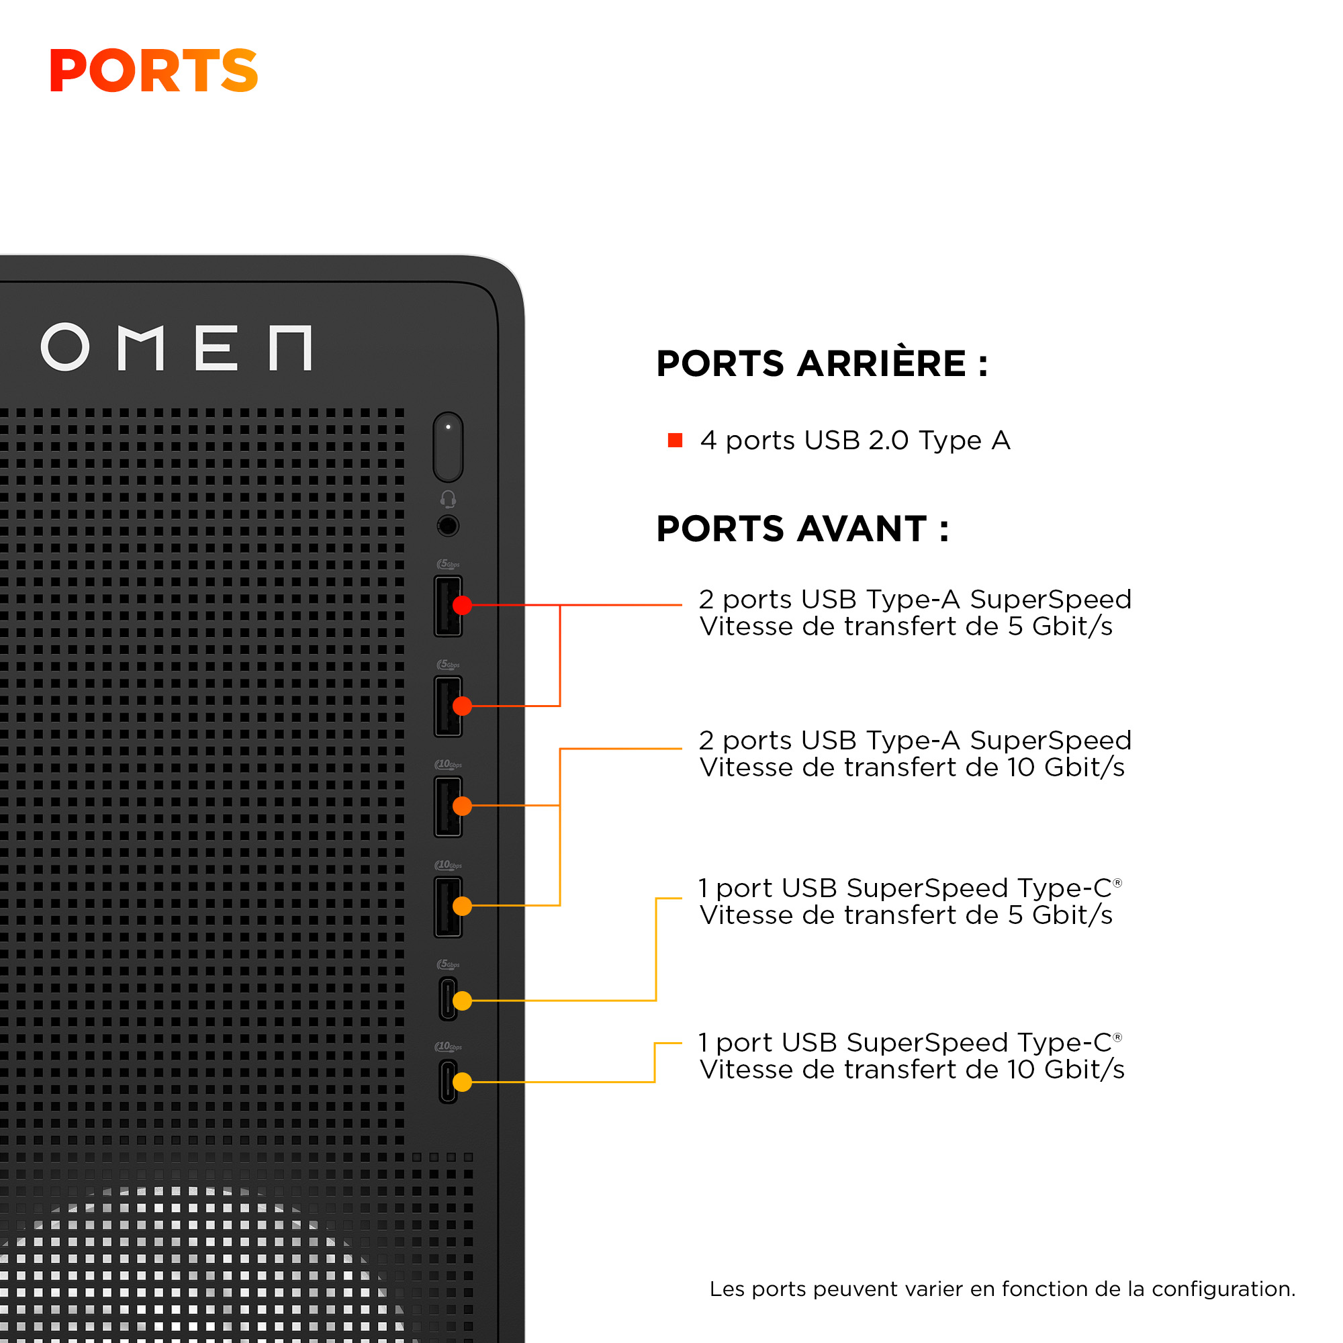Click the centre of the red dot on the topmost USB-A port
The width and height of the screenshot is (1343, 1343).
click(462, 606)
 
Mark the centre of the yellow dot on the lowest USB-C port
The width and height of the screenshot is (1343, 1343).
click(462, 1082)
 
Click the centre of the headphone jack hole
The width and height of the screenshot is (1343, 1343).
click(449, 526)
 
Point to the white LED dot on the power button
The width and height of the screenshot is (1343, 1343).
click(449, 427)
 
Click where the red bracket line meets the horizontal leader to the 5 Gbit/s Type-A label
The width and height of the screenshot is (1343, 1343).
click(560, 606)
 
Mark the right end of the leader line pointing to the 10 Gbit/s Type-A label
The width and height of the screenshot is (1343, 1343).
click(682, 749)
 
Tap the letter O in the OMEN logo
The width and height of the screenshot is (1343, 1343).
click(65, 347)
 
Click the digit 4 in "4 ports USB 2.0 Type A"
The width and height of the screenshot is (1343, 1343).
click(708, 441)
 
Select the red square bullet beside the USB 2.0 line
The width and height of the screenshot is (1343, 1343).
click(675, 440)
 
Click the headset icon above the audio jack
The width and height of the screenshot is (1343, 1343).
click(449, 499)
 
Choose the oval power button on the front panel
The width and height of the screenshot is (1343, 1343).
click(449, 447)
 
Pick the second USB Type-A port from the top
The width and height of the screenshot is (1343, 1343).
click(449, 706)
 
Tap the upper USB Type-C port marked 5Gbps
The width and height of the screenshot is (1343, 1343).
click(449, 999)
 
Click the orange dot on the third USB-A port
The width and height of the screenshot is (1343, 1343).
click(462, 806)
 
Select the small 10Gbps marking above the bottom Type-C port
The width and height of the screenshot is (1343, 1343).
click(449, 1046)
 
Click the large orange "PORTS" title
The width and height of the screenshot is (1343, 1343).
click(154, 71)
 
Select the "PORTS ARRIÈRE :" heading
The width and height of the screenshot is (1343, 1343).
click(823, 363)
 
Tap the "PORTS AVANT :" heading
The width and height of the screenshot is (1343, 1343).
click(803, 528)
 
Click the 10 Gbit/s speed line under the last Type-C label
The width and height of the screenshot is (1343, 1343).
click(912, 1070)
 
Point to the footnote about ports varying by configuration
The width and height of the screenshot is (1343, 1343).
click(1003, 1289)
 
